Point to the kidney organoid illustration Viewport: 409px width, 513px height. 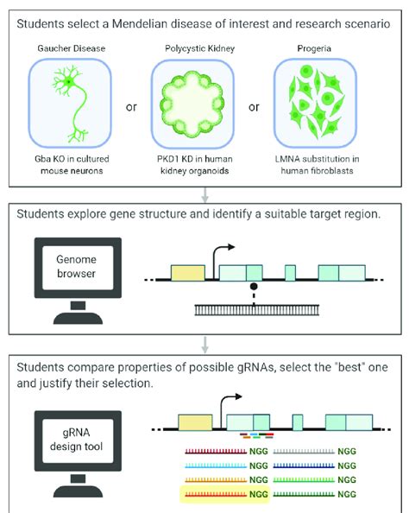tap(204, 109)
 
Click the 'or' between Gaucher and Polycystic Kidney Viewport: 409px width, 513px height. tap(132, 108)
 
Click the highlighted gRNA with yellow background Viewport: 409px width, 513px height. tap(227, 495)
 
